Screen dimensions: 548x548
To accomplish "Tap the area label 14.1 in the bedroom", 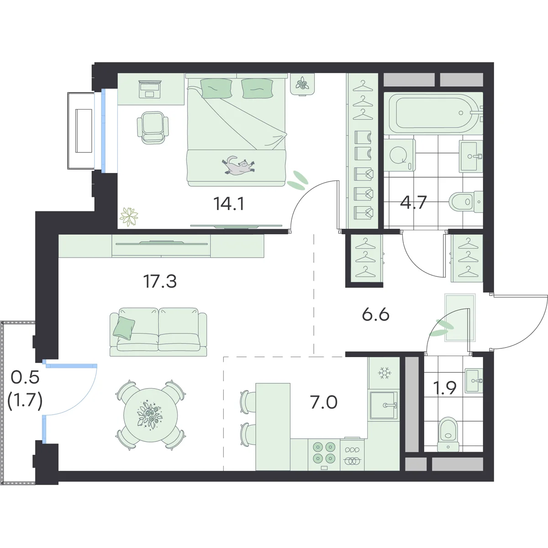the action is coord(229,204).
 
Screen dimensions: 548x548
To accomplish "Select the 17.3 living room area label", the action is coord(160,282).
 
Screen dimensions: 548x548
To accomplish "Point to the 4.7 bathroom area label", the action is coord(413,202).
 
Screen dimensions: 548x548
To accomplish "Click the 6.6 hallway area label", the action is coord(376,315).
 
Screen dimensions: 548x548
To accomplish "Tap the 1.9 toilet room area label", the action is coord(445,387).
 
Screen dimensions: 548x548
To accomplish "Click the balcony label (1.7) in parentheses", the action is coord(25,402).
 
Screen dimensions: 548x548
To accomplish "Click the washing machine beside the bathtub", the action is coord(399,155).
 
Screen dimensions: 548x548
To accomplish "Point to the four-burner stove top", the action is coord(324,455).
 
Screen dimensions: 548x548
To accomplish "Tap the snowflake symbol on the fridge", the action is coord(384,373).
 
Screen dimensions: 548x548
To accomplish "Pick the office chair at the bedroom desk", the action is coord(153,127).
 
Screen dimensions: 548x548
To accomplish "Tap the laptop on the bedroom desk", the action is coord(150,89).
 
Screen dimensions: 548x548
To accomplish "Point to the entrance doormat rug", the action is coord(460,318).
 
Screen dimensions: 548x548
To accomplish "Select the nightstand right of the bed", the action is coord(302,84).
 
